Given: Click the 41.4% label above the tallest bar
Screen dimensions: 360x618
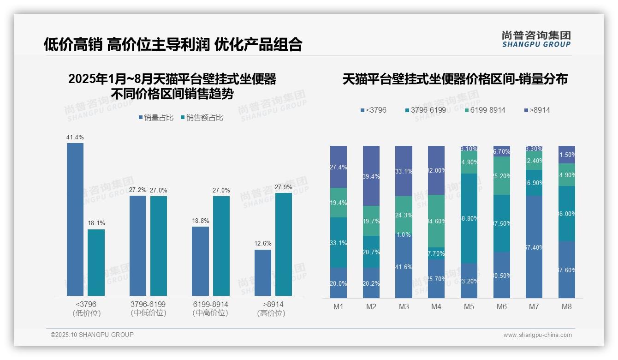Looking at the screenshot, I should [x=75, y=138].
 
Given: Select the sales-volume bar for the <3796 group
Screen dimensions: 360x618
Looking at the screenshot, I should [x=75, y=219].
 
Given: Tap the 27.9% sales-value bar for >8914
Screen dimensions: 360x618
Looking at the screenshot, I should [x=284, y=244].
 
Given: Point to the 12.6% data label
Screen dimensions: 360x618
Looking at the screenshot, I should [x=263, y=243].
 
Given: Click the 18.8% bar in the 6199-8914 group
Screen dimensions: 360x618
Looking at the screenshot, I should [x=200, y=261].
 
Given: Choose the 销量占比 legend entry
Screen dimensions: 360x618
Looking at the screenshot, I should [x=156, y=118].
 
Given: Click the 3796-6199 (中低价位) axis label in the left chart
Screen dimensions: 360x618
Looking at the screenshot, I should [x=148, y=308].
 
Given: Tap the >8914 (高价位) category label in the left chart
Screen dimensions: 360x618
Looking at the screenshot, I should [x=273, y=308].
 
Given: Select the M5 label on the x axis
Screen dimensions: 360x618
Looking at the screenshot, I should [x=469, y=307].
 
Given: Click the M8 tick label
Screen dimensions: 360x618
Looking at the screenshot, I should [x=567, y=307].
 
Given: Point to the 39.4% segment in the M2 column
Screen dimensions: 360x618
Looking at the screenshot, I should [x=371, y=176].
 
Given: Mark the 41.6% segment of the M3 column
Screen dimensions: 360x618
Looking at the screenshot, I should [x=404, y=267].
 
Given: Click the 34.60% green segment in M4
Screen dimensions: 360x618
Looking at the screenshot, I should [x=436, y=221].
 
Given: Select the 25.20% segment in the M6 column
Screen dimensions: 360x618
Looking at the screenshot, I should [x=502, y=176].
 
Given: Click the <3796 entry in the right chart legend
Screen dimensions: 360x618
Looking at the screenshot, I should [x=374, y=110].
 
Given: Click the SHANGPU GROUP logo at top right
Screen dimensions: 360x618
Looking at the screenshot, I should [x=536, y=39].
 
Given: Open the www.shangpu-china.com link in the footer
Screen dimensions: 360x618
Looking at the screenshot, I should [x=537, y=335].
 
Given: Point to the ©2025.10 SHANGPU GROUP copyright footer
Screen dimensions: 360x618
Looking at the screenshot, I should [x=92, y=335].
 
